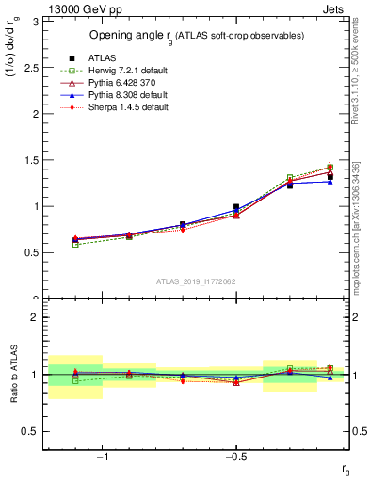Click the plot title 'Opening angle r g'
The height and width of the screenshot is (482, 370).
(x=195, y=35)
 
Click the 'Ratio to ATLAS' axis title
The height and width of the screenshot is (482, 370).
(x=11, y=375)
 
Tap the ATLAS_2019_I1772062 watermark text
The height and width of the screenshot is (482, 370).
(x=195, y=281)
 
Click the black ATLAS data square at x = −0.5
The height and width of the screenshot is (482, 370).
(x=236, y=207)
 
